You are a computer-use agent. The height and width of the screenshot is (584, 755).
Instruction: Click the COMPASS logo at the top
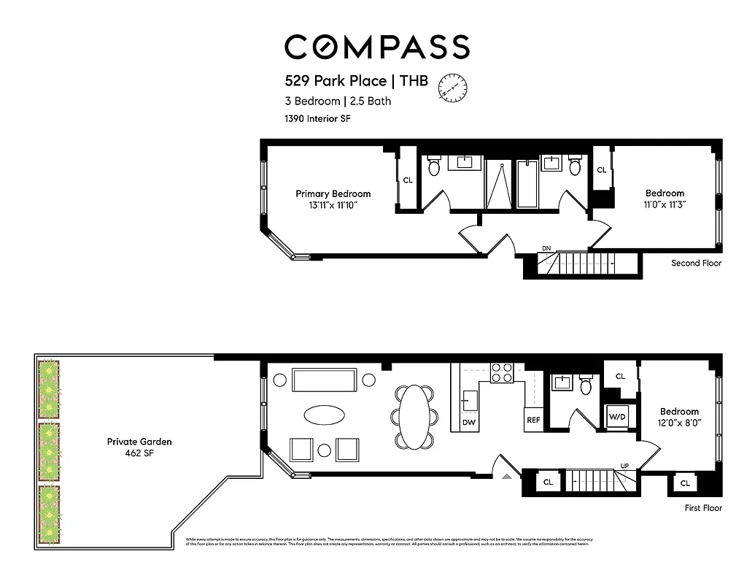coord(376,47)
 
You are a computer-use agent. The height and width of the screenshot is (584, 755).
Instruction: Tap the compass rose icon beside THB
coord(452,87)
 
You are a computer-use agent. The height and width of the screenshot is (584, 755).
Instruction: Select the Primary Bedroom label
coord(333,193)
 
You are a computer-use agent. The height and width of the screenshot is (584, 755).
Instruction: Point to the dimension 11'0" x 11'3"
coord(664,205)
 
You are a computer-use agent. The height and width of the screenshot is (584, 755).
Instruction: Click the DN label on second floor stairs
coord(546,249)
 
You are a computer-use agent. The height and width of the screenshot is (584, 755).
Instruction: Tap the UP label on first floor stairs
coord(624,465)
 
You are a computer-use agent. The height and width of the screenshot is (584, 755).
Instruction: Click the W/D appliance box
coord(618,418)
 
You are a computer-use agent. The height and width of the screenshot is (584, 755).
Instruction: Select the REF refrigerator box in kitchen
coord(533,420)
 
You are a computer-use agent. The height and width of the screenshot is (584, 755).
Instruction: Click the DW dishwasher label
coord(469,422)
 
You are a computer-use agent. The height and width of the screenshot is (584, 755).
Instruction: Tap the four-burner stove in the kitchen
coord(502,373)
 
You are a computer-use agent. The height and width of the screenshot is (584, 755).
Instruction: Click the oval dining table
coord(414,417)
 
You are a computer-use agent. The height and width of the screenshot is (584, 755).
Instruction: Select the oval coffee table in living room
coord(325,415)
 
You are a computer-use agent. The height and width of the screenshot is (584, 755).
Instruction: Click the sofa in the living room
coord(325,380)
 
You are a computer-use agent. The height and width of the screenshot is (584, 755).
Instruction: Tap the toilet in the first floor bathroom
coord(586,385)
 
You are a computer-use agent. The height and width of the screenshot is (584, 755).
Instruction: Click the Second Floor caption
coord(696,263)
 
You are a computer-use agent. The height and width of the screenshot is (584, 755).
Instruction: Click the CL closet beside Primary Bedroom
coord(408,180)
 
